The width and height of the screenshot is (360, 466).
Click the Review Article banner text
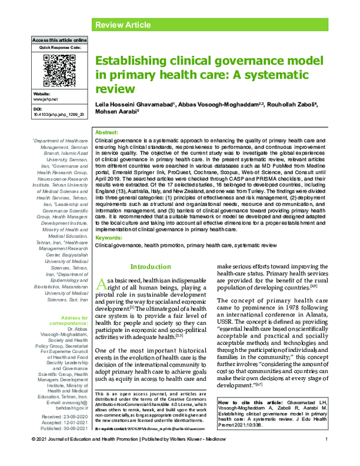(x=122, y=25)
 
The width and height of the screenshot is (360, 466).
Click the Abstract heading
(x=107, y=132)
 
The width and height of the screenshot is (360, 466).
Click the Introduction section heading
(x=151, y=267)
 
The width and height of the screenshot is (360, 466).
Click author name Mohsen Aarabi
(x=116, y=112)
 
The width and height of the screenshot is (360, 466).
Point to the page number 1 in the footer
(x=325, y=458)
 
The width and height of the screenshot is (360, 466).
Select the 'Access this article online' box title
(x=58, y=40)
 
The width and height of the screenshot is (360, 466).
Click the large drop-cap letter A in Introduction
(x=103, y=284)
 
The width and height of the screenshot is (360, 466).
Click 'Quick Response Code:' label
(x=57, y=46)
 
